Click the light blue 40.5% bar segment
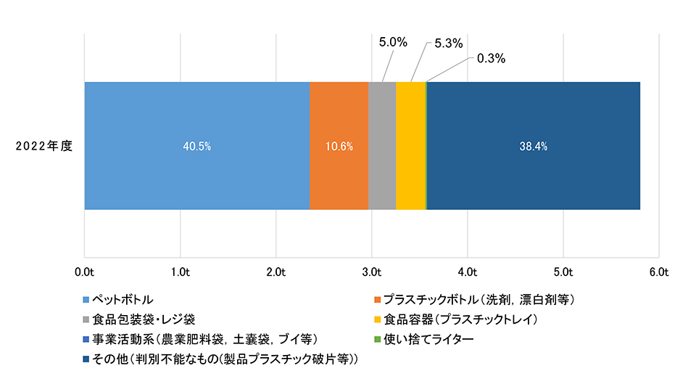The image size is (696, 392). tap(197, 146)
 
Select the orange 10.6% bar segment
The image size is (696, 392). tap(339, 146)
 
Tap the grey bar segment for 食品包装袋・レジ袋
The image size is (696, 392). tap(382, 146)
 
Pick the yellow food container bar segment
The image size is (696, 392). tap(410, 146)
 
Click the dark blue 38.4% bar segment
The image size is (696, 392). tap(534, 146)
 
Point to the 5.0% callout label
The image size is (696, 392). tap(393, 43)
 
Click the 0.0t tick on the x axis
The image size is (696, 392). tap(85, 272)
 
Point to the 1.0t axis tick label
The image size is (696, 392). tap(180, 272)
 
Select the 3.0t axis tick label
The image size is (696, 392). tap(371, 272)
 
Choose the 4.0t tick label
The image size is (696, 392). tap(467, 272)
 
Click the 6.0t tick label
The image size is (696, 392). tap(658, 272)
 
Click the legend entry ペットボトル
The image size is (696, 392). tap(121, 299)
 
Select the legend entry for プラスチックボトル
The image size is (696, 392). tap(478, 299)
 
